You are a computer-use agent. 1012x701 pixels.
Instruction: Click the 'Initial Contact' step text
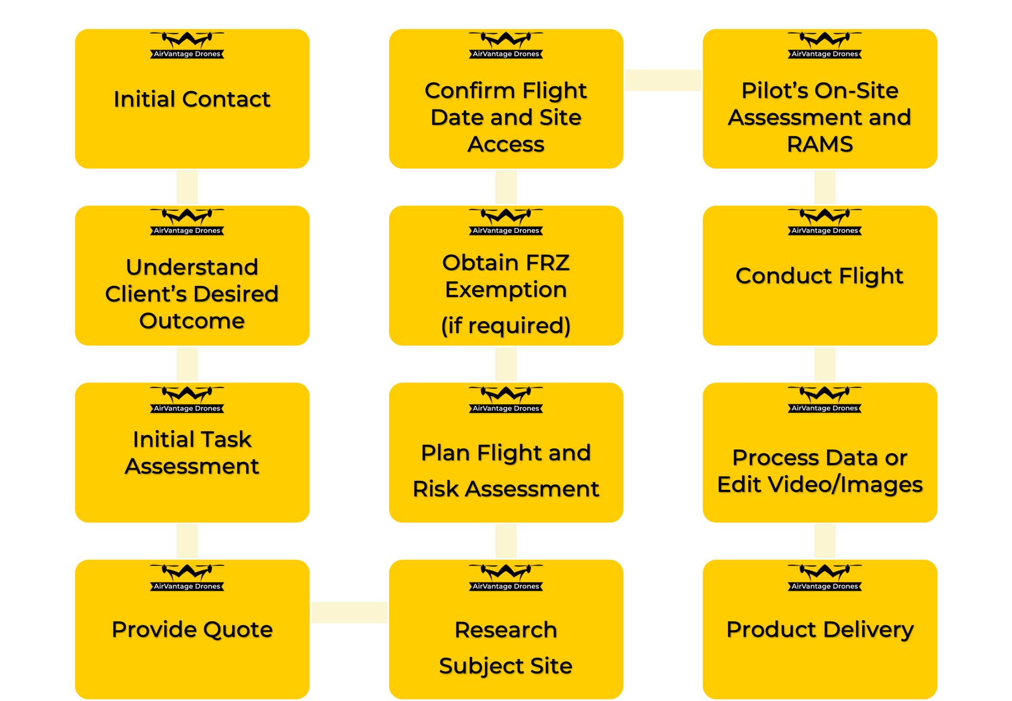(x=192, y=99)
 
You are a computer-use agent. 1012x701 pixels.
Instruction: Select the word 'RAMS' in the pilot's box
(x=820, y=144)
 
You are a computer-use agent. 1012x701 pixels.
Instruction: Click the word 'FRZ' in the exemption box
(x=548, y=263)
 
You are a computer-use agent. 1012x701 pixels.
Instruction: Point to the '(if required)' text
(x=506, y=325)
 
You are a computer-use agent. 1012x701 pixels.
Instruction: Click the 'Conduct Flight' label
(x=820, y=276)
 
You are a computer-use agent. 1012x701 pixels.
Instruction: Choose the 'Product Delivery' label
(x=820, y=629)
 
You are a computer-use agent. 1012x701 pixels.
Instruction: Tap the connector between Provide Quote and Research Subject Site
(x=349, y=613)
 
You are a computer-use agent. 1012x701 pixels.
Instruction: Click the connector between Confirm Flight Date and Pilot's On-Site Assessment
(x=663, y=80)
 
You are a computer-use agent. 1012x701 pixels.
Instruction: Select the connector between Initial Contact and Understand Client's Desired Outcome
(x=187, y=187)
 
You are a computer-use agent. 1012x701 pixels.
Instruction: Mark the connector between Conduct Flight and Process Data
(x=825, y=364)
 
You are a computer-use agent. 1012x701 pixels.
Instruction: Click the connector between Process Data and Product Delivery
(x=825, y=541)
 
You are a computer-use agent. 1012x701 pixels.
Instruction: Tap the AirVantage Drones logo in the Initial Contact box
(x=187, y=45)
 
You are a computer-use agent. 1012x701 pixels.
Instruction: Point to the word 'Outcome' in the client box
(x=192, y=321)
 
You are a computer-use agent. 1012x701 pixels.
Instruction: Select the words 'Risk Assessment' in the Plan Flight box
(x=506, y=489)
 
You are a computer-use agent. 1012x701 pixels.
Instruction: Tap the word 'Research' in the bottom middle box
(x=506, y=630)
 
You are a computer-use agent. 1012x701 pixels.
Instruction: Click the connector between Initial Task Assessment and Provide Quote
(x=187, y=541)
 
